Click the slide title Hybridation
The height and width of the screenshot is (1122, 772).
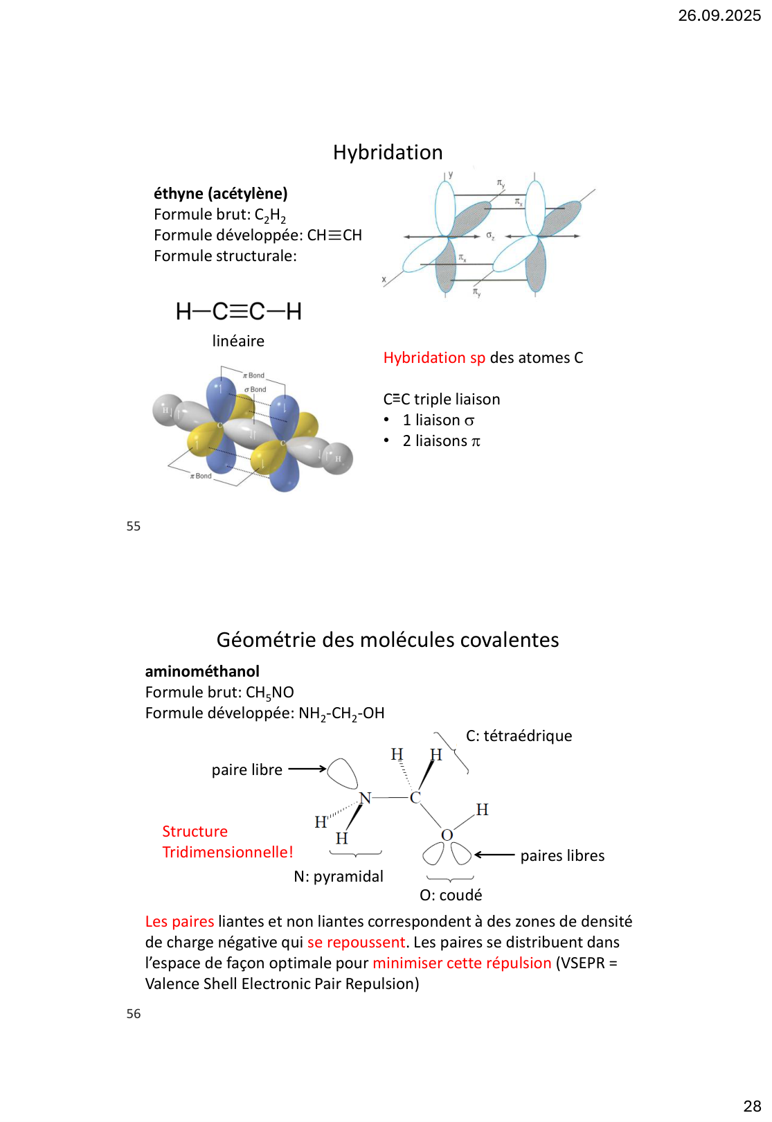pyautogui.click(x=388, y=152)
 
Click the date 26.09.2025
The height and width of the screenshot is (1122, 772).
pyautogui.click(x=719, y=15)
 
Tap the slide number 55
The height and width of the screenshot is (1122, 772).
pyautogui.click(x=134, y=526)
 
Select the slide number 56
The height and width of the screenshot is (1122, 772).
pyautogui.click(x=134, y=1014)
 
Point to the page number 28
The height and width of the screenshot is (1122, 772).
pyautogui.click(x=752, y=1106)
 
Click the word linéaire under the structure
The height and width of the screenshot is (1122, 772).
pyautogui.click(x=238, y=341)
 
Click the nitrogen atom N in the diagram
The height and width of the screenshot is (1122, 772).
pyautogui.click(x=365, y=798)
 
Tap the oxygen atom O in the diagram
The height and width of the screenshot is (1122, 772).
pyautogui.click(x=447, y=835)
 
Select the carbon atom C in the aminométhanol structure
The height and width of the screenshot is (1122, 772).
pyautogui.click(x=415, y=798)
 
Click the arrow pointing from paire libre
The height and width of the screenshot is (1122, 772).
pyautogui.click(x=307, y=769)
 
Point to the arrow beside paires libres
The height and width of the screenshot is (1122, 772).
pyautogui.click(x=494, y=855)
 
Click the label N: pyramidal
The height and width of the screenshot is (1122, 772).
pyautogui.click(x=339, y=877)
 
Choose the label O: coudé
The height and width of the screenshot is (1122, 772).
pyautogui.click(x=451, y=896)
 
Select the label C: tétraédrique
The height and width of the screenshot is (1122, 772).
pyautogui.click(x=519, y=736)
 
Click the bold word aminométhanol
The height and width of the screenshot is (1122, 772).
pyautogui.click(x=202, y=671)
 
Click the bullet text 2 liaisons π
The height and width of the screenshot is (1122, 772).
pyautogui.click(x=441, y=441)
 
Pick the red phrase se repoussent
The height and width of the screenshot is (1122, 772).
pyautogui.click(x=356, y=943)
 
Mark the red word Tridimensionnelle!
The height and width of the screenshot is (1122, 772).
pyautogui.click(x=228, y=853)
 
